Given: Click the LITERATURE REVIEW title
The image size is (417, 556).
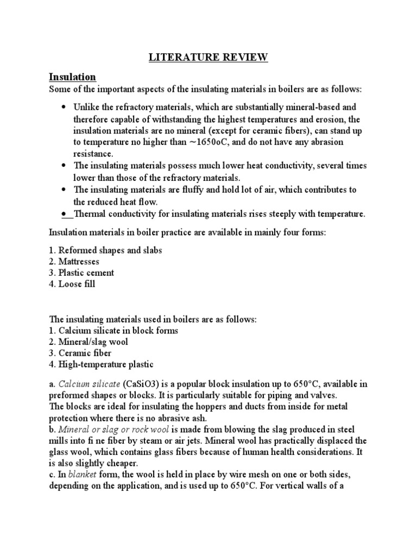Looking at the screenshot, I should click(208, 58).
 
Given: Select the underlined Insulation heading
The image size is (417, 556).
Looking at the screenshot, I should click(72, 77).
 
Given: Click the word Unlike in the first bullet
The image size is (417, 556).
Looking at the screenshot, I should click(87, 107).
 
